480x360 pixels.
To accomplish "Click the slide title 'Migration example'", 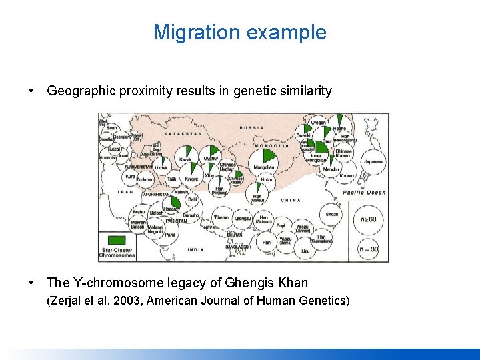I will click(x=240, y=32).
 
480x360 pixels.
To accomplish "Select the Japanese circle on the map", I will click(x=373, y=161).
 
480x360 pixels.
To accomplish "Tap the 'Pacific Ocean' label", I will click(x=364, y=193).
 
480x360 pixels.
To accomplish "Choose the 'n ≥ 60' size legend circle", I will click(x=368, y=219).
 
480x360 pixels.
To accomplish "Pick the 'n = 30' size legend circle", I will click(x=368, y=249).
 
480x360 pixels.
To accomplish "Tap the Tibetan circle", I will click(x=221, y=217).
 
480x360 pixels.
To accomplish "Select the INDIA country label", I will click(x=196, y=249).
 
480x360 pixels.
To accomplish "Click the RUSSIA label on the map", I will click(x=251, y=127).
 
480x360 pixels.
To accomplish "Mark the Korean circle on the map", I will click(x=346, y=176).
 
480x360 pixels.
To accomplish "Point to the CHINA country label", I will click(x=291, y=200).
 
